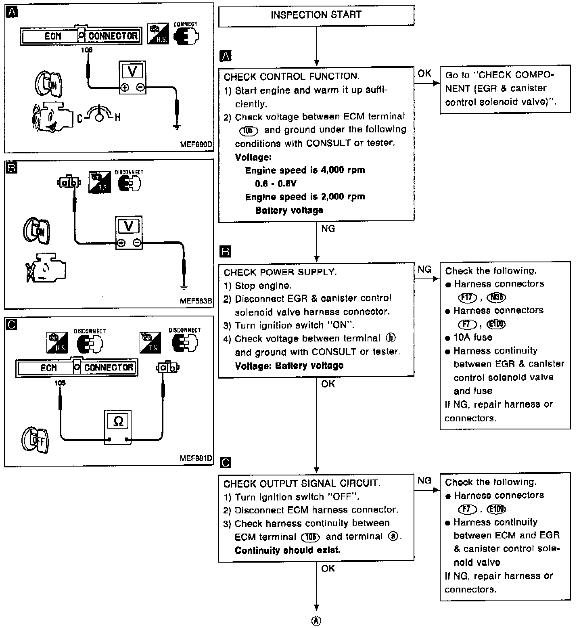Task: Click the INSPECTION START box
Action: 316,16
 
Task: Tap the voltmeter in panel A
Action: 132,78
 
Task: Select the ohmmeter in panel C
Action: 118,427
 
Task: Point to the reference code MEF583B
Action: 196,301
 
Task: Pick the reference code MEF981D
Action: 196,458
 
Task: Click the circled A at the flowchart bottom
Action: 317,621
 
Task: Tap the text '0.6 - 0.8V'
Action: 276,184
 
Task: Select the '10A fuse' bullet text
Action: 472,337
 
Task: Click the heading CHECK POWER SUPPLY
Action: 280,272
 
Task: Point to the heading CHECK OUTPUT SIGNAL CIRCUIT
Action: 302,484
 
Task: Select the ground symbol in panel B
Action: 184,287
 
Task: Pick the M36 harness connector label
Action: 496,298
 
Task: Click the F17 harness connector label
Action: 468,298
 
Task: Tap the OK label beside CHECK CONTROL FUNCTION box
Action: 424,73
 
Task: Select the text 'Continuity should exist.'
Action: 287,551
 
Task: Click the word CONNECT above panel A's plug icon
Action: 185,24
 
